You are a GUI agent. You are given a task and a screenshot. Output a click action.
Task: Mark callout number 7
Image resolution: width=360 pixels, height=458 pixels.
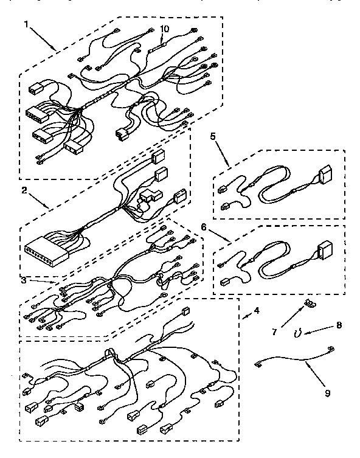tap(275, 333)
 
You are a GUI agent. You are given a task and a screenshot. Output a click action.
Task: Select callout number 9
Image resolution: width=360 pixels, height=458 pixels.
tap(327, 393)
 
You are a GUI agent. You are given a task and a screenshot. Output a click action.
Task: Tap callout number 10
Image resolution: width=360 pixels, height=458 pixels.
tap(164, 29)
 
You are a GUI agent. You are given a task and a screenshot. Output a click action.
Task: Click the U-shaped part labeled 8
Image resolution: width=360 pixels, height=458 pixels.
tap(297, 333)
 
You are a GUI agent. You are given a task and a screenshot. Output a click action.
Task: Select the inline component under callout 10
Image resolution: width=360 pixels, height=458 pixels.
tap(162, 44)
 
